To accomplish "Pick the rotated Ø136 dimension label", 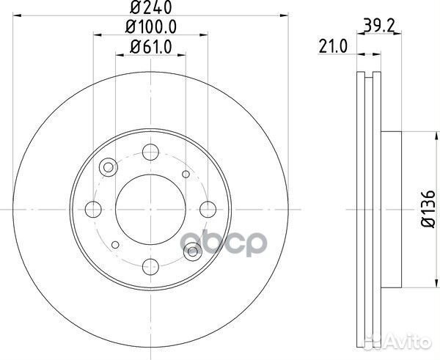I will click(x=423, y=209).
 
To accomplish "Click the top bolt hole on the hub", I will click(x=150, y=153).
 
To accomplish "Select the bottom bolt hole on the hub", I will click(x=150, y=265).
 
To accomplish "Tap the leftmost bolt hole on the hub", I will click(x=94, y=209).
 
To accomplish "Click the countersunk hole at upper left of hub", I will click(x=109, y=168).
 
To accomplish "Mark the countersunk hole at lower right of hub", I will click(x=193, y=251).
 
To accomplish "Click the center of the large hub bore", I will click(x=150, y=209).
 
